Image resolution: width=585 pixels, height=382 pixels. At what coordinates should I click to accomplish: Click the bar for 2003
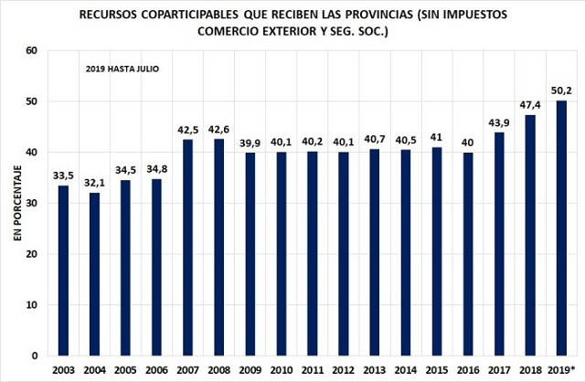pyautogui.click(x=63, y=270)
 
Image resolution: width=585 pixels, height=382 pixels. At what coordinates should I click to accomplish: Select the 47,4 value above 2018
pyautogui.click(x=529, y=105)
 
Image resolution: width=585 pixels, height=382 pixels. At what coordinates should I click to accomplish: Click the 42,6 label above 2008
pyautogui.click(x=219, y=129)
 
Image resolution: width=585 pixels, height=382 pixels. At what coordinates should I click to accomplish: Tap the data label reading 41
pyautogui.click(x=437, y=138)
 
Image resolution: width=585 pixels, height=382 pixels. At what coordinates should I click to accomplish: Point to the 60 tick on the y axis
pyautogui.click(x=30, y=50)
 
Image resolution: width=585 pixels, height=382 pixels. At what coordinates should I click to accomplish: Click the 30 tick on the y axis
pyautogui.click(x=30, y=203)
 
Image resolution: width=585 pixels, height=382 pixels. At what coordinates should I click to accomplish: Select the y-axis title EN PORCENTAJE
pyautogui.click(x=16, y=203)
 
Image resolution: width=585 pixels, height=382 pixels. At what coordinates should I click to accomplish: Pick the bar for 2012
pyautogui.click(x=344, y=253)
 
